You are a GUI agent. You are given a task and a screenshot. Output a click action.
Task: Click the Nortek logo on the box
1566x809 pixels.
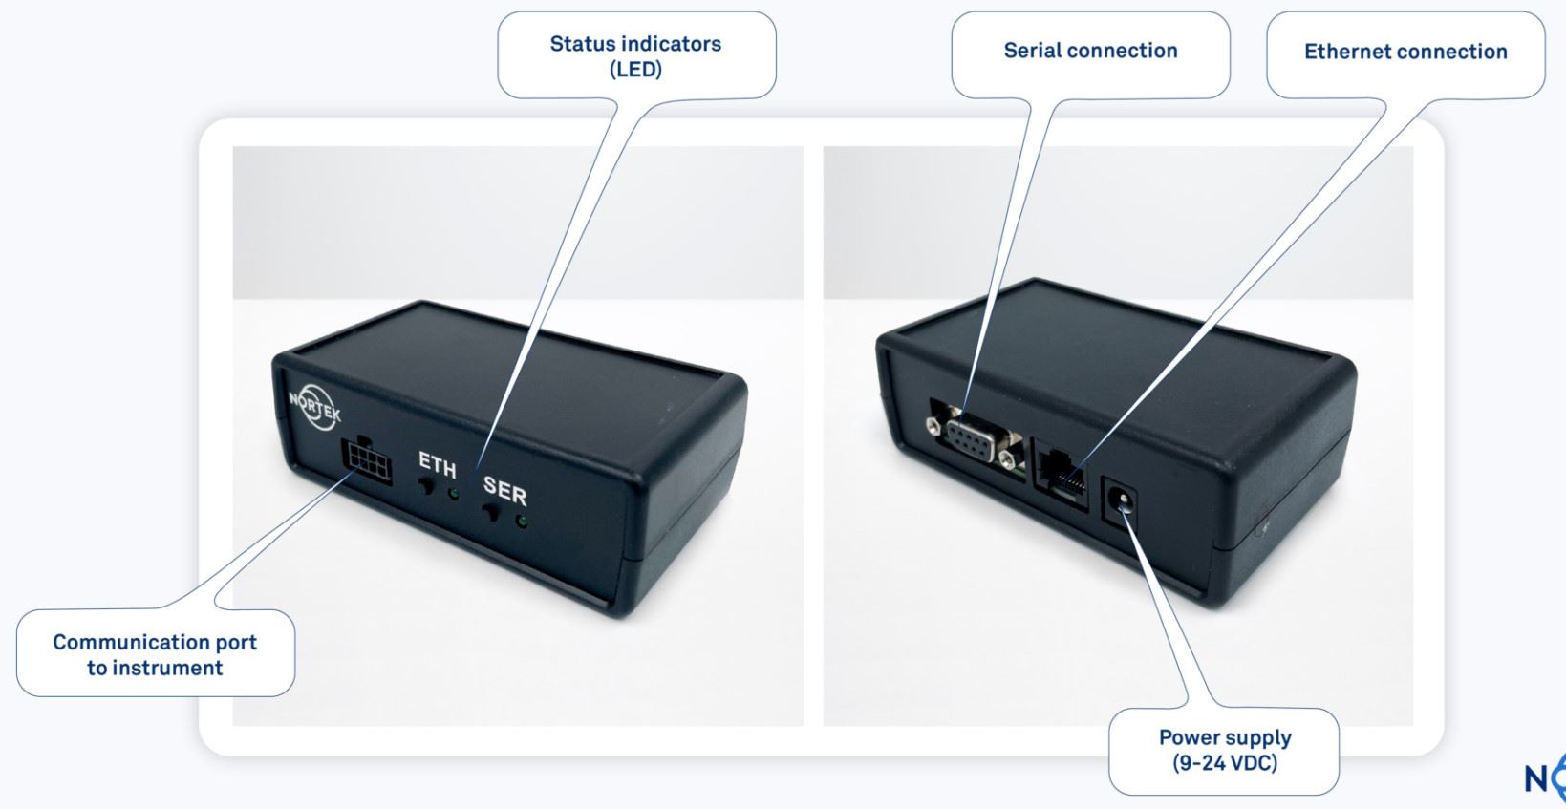click(314, 407)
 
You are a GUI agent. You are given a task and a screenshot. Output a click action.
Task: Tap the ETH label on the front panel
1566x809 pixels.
click(437, 464)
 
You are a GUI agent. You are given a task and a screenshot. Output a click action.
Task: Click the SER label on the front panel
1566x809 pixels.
click(504, 490)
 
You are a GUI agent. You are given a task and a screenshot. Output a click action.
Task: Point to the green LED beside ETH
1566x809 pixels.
click(454, 495)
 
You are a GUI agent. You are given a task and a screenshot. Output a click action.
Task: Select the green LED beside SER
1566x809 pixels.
click(521, 522)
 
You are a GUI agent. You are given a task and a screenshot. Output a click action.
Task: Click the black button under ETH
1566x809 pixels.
click(425, 486)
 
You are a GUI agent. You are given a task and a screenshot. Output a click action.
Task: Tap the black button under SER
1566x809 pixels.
click(491, 514)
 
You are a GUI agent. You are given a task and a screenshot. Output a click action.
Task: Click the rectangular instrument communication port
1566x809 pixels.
click(366, 460)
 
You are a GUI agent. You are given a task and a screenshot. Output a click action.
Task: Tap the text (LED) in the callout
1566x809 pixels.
click(635, 70)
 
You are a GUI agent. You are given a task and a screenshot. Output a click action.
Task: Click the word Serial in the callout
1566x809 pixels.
click(1033, 51)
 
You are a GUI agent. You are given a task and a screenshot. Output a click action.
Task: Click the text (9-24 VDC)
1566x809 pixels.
click(1225, 763)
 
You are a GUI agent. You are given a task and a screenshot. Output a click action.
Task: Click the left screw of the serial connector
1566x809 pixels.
click(933, 424)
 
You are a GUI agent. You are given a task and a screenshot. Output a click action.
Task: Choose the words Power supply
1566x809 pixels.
click(1225, 737)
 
